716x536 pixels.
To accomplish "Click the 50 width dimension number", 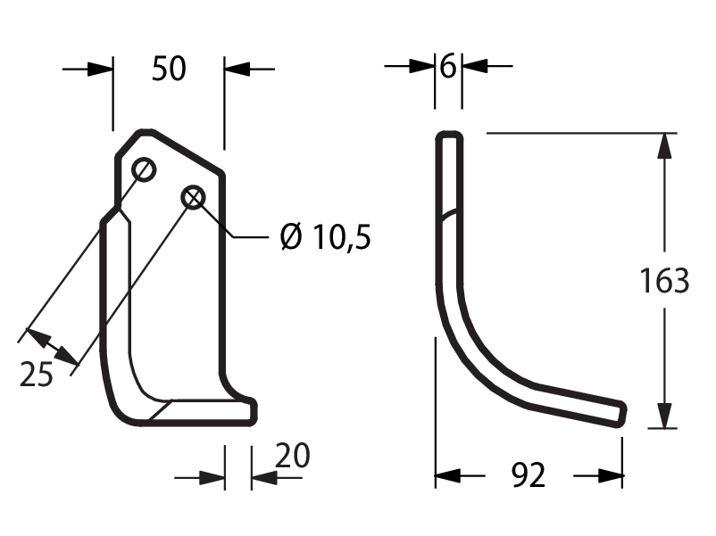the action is coord(169,69).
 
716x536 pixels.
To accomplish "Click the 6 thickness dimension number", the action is coord(448,67).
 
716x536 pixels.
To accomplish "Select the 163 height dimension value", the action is coord(664,281).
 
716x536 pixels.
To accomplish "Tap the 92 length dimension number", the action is coord(529,475).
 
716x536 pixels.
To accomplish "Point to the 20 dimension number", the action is coord(293,455).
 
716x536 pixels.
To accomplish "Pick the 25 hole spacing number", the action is coord(37,375).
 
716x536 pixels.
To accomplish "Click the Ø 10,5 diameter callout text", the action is coord(326,236).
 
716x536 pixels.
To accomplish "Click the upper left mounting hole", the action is coord(144,169).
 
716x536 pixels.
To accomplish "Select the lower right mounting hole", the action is coord(193,197).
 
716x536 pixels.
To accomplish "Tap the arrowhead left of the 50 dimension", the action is coord(101,70).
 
